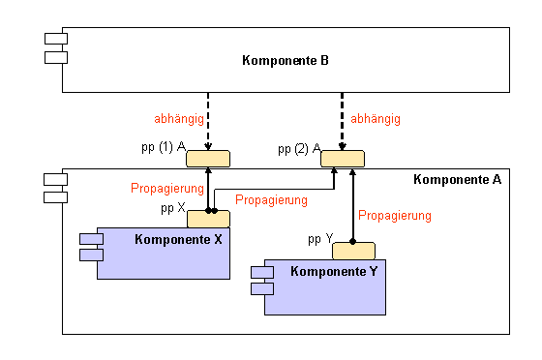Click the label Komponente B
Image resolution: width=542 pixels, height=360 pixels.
coord(286,61)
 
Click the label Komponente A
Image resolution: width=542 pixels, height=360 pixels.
coord(457,179)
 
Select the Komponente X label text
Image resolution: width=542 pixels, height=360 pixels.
coord(178,239)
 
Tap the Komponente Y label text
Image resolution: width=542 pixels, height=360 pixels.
coord(334,272)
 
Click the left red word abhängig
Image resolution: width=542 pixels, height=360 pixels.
coord(178,119)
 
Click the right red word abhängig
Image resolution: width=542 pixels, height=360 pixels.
coord(376,119)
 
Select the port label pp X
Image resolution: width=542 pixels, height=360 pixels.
coord(173,207)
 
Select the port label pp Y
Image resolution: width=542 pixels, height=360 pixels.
coord(320,238)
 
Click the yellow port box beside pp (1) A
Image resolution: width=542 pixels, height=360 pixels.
coord(208,159)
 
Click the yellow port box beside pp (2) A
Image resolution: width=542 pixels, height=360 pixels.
coord(343,159)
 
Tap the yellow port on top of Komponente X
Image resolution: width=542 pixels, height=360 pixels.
coord(208,219)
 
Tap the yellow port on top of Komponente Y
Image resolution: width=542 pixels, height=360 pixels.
coord(353,251)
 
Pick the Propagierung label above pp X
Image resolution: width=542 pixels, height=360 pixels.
coord(166,188)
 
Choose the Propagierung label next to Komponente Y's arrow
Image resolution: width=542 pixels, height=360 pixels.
coord(395,215)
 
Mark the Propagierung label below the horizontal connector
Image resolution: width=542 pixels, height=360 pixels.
coord(271,200)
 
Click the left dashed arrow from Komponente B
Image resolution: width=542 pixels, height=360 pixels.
coord(208,121)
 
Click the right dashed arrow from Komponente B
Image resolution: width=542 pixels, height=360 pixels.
coord(342,121)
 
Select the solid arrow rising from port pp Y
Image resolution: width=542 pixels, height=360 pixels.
coord(353,203)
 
